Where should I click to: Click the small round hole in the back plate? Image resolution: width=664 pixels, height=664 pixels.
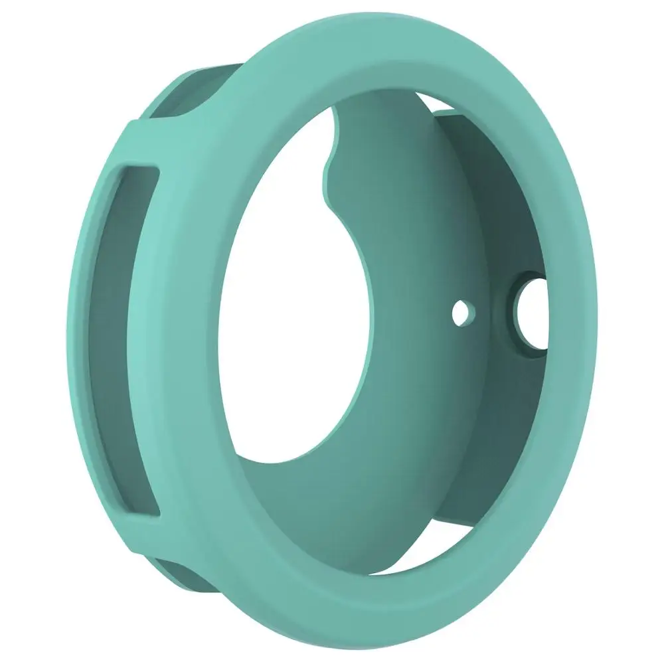point(463,311)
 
